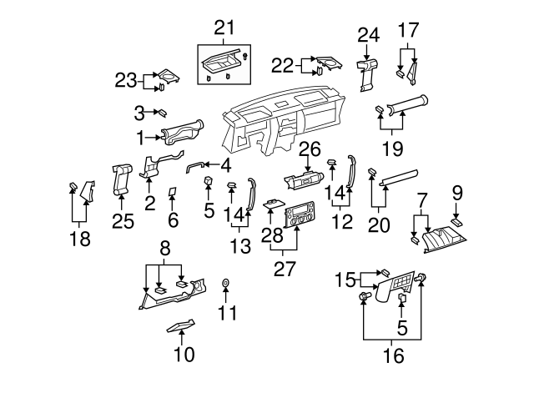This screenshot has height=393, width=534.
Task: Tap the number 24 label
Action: point(368,34)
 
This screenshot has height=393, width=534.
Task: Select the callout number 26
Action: point(310,149)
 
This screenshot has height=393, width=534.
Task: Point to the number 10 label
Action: point(184,354)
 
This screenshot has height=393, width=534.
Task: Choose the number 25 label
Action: point(123,222)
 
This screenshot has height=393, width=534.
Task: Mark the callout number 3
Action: point(139,111)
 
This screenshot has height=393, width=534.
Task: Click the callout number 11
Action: point(227,313)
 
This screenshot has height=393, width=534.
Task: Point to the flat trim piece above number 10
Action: point(182,325)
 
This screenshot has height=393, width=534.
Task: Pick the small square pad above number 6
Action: point(171,192)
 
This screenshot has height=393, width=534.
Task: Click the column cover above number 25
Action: point(122,177)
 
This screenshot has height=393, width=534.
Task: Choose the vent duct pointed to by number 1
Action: point(181,134)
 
